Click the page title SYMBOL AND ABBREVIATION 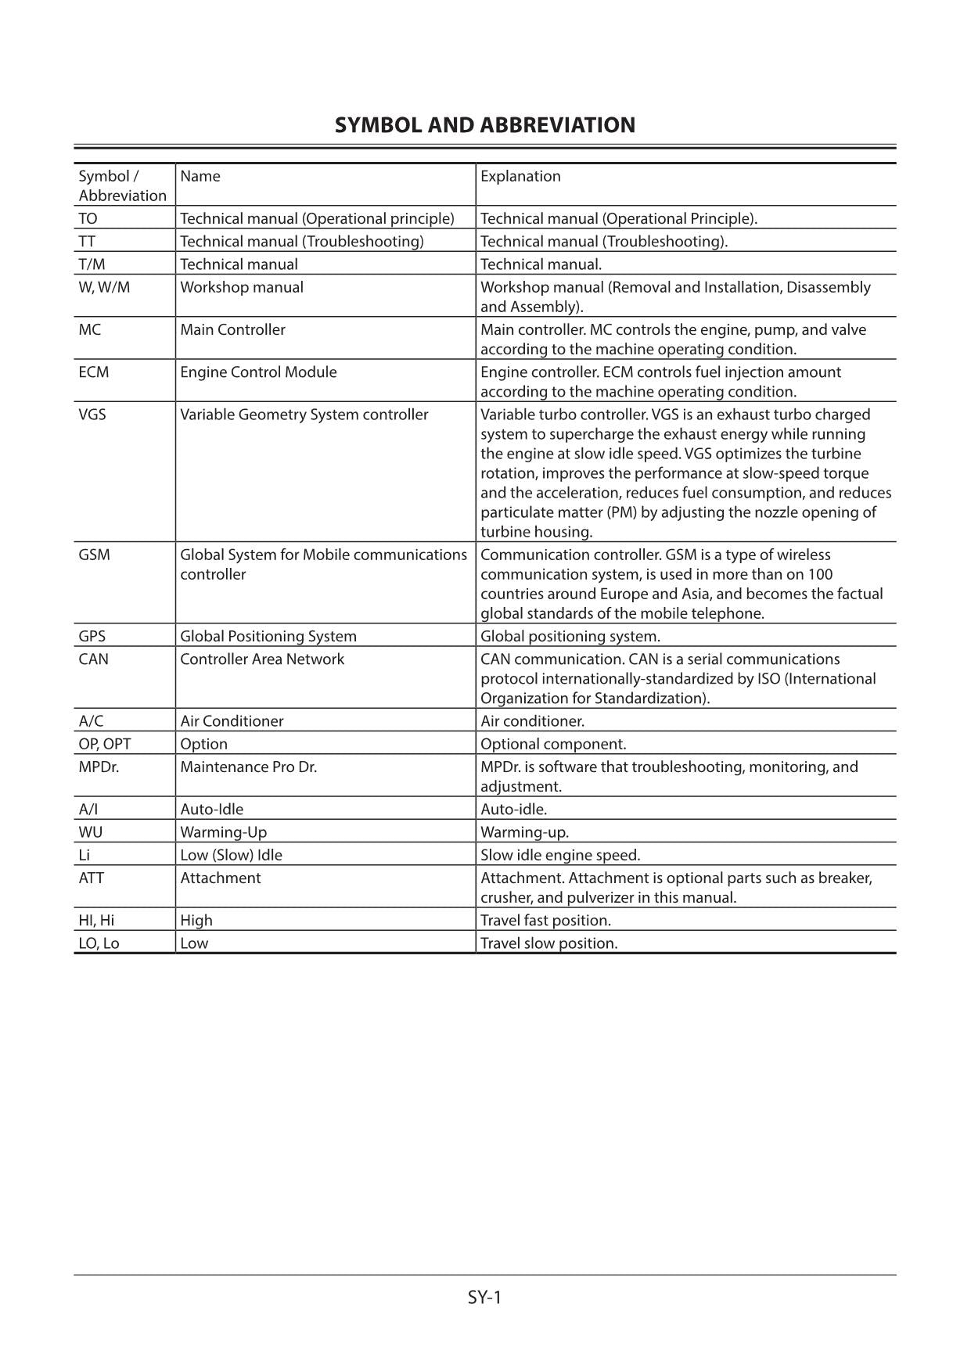pos(484,125)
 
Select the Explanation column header pos(520,176)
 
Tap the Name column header pos(200,176)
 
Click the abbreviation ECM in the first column pos(94,372)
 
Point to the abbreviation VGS pos(92,414)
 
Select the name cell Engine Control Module pos(258,372)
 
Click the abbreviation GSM pos(94,555)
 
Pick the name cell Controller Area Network pos(262,659)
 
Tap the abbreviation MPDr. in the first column pos(99,767)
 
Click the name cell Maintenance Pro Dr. pos(248,767)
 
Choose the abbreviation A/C pos(91,720)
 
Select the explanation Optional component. pos(552,744)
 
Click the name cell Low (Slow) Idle pos(231,855)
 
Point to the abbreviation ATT pos(92,878)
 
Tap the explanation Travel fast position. pos(545,920)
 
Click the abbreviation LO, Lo pos(99,943)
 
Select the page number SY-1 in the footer pos(484,1298)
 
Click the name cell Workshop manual pos(242,287)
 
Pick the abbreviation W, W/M pos(104,287)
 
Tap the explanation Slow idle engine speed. pos(560,855)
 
